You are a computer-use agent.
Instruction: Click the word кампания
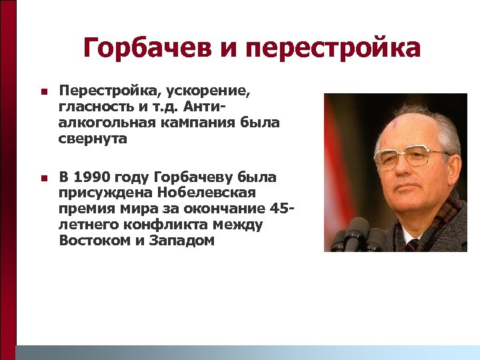pos(197,123)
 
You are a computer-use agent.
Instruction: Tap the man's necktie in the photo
pos(412,244)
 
